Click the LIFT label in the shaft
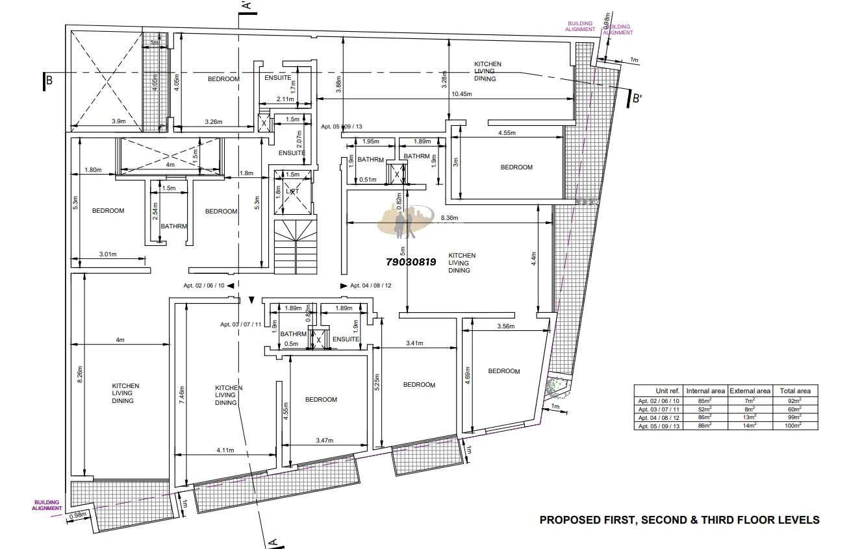point(292,191)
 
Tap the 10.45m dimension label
point(462,94)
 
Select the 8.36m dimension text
point(450,217)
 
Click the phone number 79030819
point(411,262)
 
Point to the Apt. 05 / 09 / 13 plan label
point(342,127)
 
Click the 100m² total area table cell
point(795,426)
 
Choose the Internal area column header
point(705,391)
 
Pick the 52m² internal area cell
point(705,409)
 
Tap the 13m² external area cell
point(750,417)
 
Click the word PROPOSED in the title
point(567,520)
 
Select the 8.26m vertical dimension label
point(80,374)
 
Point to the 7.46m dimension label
point(181,395)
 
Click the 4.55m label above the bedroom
point(507,133)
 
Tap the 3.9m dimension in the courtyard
point(119,121)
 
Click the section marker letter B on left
point(49,80)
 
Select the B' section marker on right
point(637,99)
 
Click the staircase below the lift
point(296,247)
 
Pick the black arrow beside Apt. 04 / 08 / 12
point(344,286)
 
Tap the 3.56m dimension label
point(506,326)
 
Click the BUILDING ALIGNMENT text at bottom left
point(47,506)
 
